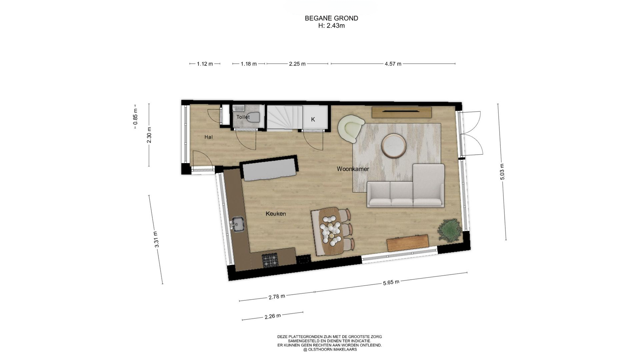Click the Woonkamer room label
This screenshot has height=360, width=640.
(x=353, y=169)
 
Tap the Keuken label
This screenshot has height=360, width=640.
(x=276, y=214)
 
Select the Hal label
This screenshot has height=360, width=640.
(x=209, y=137)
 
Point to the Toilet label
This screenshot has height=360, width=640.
(x=243, y=117)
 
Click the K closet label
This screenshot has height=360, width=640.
(x=313, y=119)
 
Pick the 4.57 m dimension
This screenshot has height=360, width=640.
(x=393, y=64)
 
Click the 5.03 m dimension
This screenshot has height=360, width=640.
(x=502, y=172)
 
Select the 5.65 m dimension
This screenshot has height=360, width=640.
(x=391, y=283)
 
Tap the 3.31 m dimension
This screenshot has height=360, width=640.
(x=157, y=239)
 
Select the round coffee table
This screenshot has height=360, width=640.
(x=394, y=145)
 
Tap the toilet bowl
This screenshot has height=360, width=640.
(x=254, y=117)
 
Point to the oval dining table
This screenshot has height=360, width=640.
(x=332, y=231)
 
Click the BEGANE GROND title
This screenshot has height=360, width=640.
(x=331, y=18)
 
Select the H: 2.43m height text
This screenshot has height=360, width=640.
(x=331, y=26)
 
